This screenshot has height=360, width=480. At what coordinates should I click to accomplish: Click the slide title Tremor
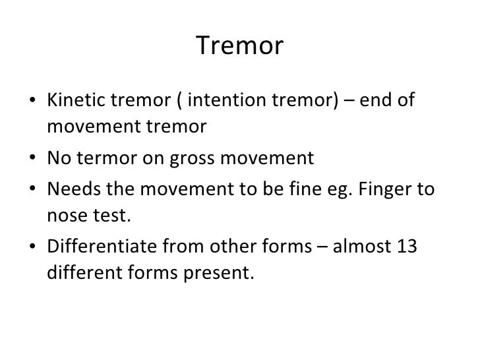point(240,47)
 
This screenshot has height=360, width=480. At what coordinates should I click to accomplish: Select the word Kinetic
point(71,100)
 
